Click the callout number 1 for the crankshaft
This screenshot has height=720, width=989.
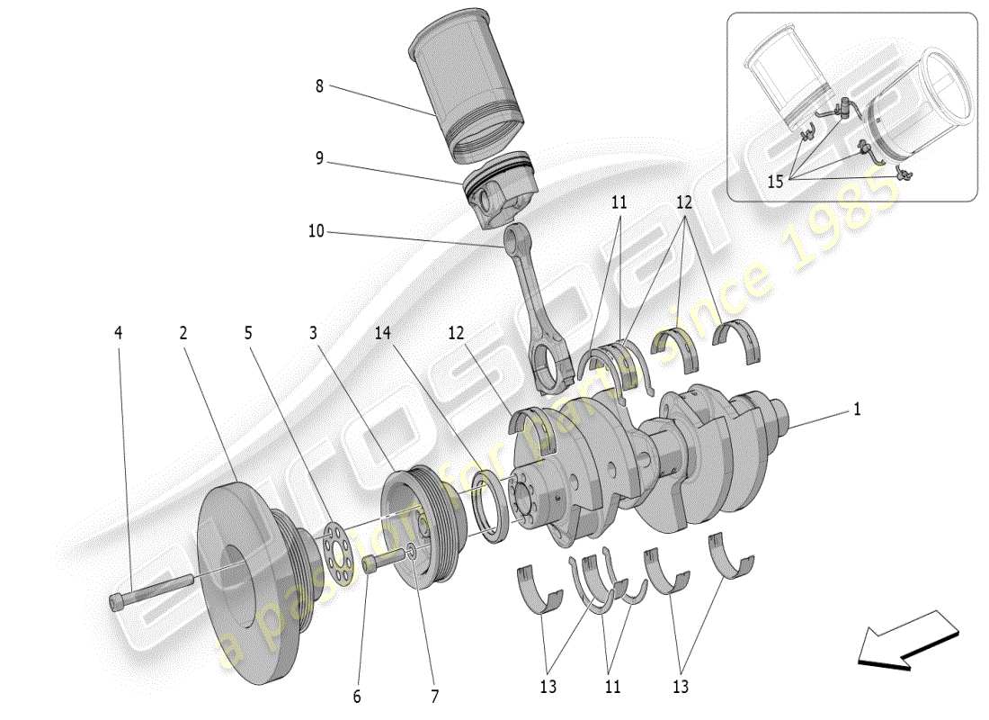(x=857, y=409)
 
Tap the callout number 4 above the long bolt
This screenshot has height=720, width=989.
(x=118, y=333)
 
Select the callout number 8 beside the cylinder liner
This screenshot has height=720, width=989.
(x=319, y=86)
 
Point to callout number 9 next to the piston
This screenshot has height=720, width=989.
(x=319, y=158)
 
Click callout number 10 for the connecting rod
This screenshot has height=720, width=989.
(x=315, y=231)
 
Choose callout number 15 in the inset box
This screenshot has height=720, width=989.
(x=775, y=181)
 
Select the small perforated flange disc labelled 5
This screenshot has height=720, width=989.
(x=332, y=546)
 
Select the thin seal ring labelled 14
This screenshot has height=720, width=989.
(x=493, y=508)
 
